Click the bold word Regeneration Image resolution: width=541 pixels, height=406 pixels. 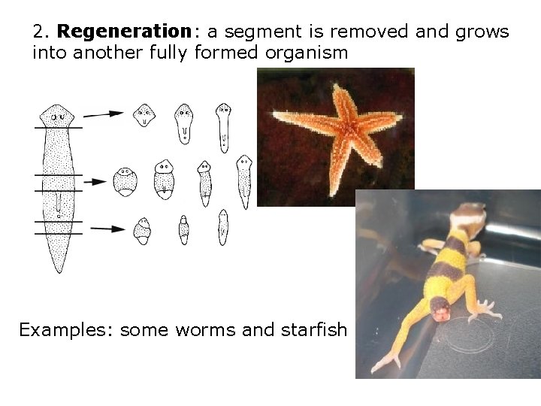tap(123, 32)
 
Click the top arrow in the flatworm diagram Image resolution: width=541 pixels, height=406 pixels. tap(103, 114)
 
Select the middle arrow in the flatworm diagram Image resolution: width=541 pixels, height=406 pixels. tap(103, 182)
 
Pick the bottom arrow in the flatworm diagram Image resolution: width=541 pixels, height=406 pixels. tap(103, 229)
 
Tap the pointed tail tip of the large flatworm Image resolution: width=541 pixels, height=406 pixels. tap(58, 267)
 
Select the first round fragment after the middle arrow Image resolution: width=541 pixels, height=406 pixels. tap(125, 181)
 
